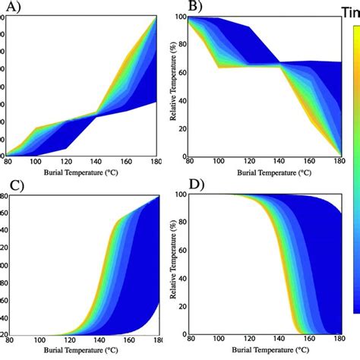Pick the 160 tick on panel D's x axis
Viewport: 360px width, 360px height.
[303, 341]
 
